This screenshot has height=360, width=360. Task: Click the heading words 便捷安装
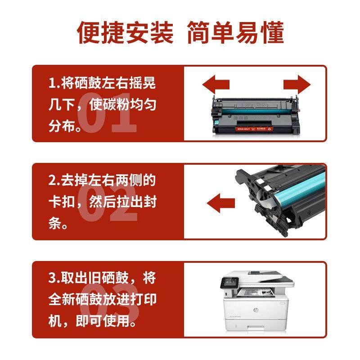(x=125, y=32)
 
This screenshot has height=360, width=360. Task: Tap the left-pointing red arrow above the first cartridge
(x=216, y=84)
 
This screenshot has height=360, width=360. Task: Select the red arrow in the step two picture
(x=221, y=200)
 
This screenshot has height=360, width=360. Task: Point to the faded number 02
(x=107, y=207)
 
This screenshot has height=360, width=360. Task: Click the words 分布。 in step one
(x=66, y=127)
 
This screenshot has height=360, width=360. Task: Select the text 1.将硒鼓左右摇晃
(x=102, y=84)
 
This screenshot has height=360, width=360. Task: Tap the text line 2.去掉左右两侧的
(x=102, y=181)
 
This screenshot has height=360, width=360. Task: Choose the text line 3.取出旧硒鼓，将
(x=102, y=278)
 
